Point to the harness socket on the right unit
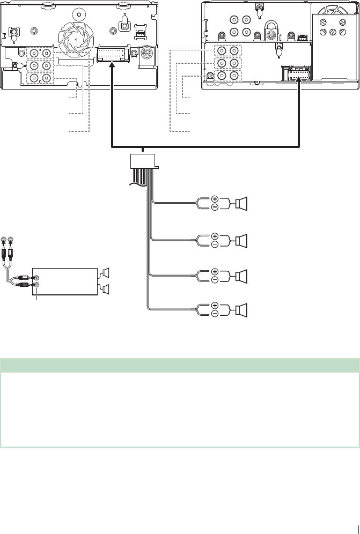294,75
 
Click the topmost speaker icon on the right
241,204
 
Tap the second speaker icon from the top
241,240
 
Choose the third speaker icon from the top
241,276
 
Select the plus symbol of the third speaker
215,272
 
